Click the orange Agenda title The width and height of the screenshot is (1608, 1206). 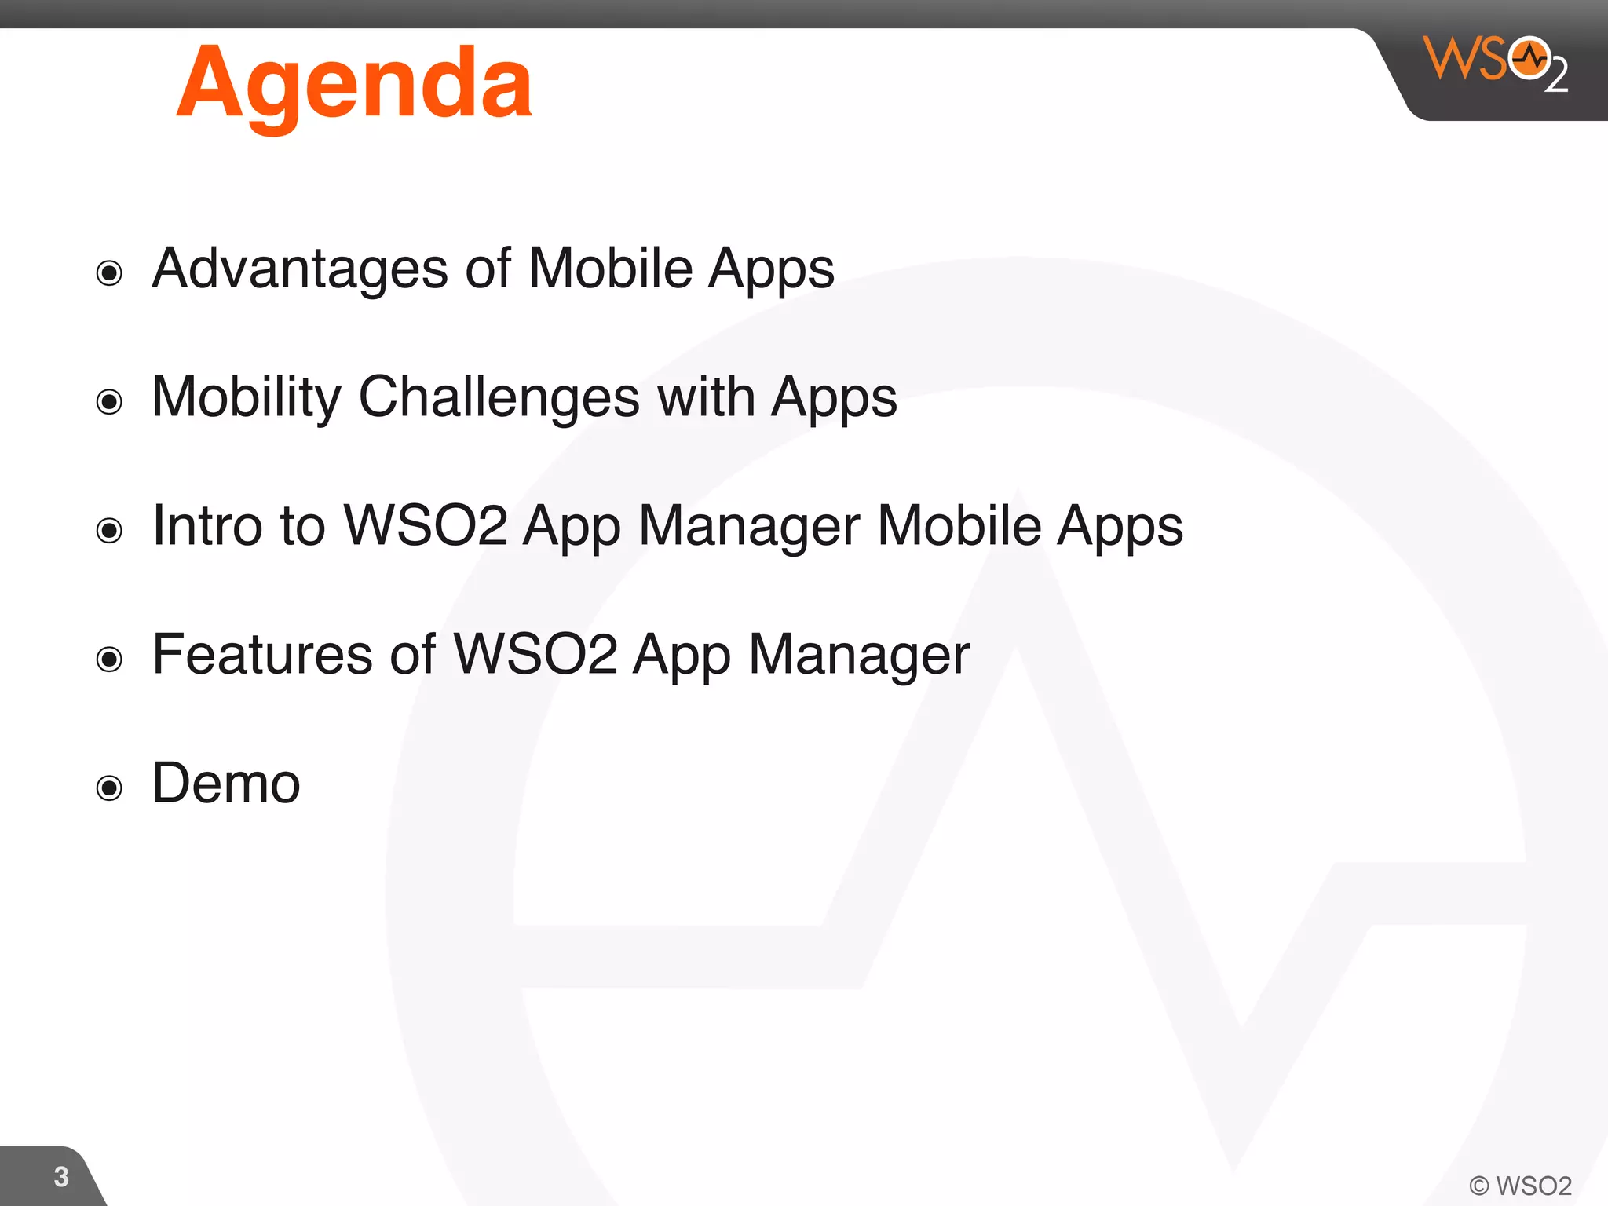[354, 85]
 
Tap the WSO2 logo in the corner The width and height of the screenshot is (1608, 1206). [1495, 63]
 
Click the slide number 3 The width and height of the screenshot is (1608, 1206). [61, 1176]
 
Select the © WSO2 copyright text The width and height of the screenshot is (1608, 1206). [1520, 1186]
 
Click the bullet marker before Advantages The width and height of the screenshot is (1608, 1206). [109, 273]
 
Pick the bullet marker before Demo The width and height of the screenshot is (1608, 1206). [109, 788]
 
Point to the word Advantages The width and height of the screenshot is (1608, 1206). [299, 269]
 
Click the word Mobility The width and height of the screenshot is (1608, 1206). [246, 397]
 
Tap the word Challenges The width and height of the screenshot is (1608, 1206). [499, 397]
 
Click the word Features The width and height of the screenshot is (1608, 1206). [262, 654]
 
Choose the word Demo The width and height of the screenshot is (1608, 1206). [226, 783]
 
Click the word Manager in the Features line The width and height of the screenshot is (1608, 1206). [859, 656]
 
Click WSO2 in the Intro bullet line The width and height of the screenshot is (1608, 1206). [425, 525]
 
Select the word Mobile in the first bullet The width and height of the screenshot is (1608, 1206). [610, 269]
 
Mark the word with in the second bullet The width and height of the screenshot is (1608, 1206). [705, 397]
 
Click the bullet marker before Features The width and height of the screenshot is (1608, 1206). [109, 659]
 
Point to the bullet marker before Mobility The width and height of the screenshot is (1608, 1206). [109, 402]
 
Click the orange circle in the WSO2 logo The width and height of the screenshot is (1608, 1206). [1529, 58]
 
